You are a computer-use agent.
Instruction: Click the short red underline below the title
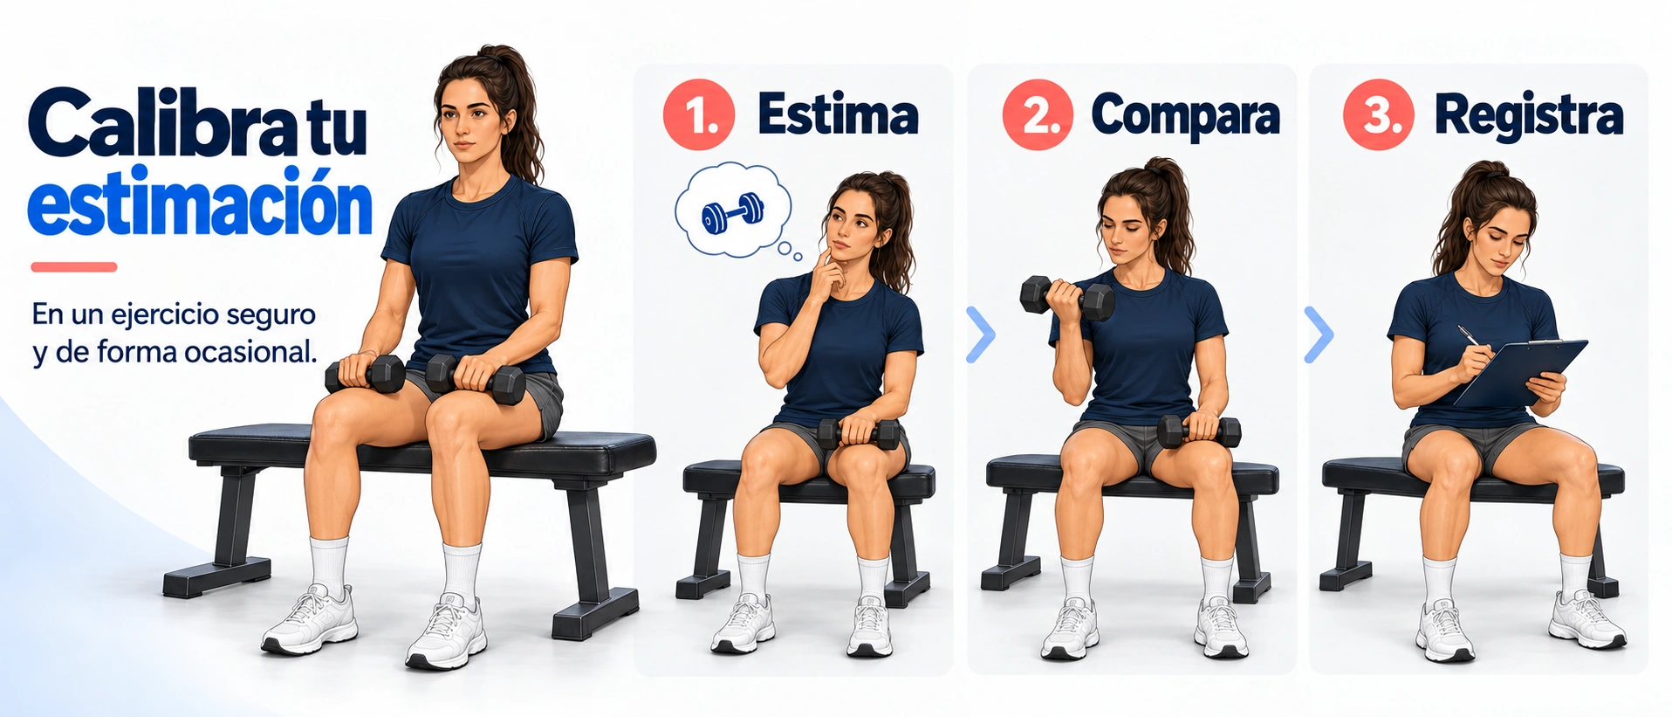73,267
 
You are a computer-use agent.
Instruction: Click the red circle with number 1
699,114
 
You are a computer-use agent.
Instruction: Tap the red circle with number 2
1038,114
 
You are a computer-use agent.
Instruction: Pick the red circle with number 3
1378,114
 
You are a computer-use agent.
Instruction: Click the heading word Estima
838,114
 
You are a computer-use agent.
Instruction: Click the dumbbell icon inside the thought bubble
733,212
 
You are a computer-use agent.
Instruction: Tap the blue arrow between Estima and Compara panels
981,334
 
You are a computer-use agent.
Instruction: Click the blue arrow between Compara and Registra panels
1319,334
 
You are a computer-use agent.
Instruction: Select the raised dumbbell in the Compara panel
1066,298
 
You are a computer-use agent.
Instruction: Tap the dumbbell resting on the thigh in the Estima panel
859,433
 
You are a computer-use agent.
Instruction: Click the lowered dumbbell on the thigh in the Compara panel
1199,431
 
